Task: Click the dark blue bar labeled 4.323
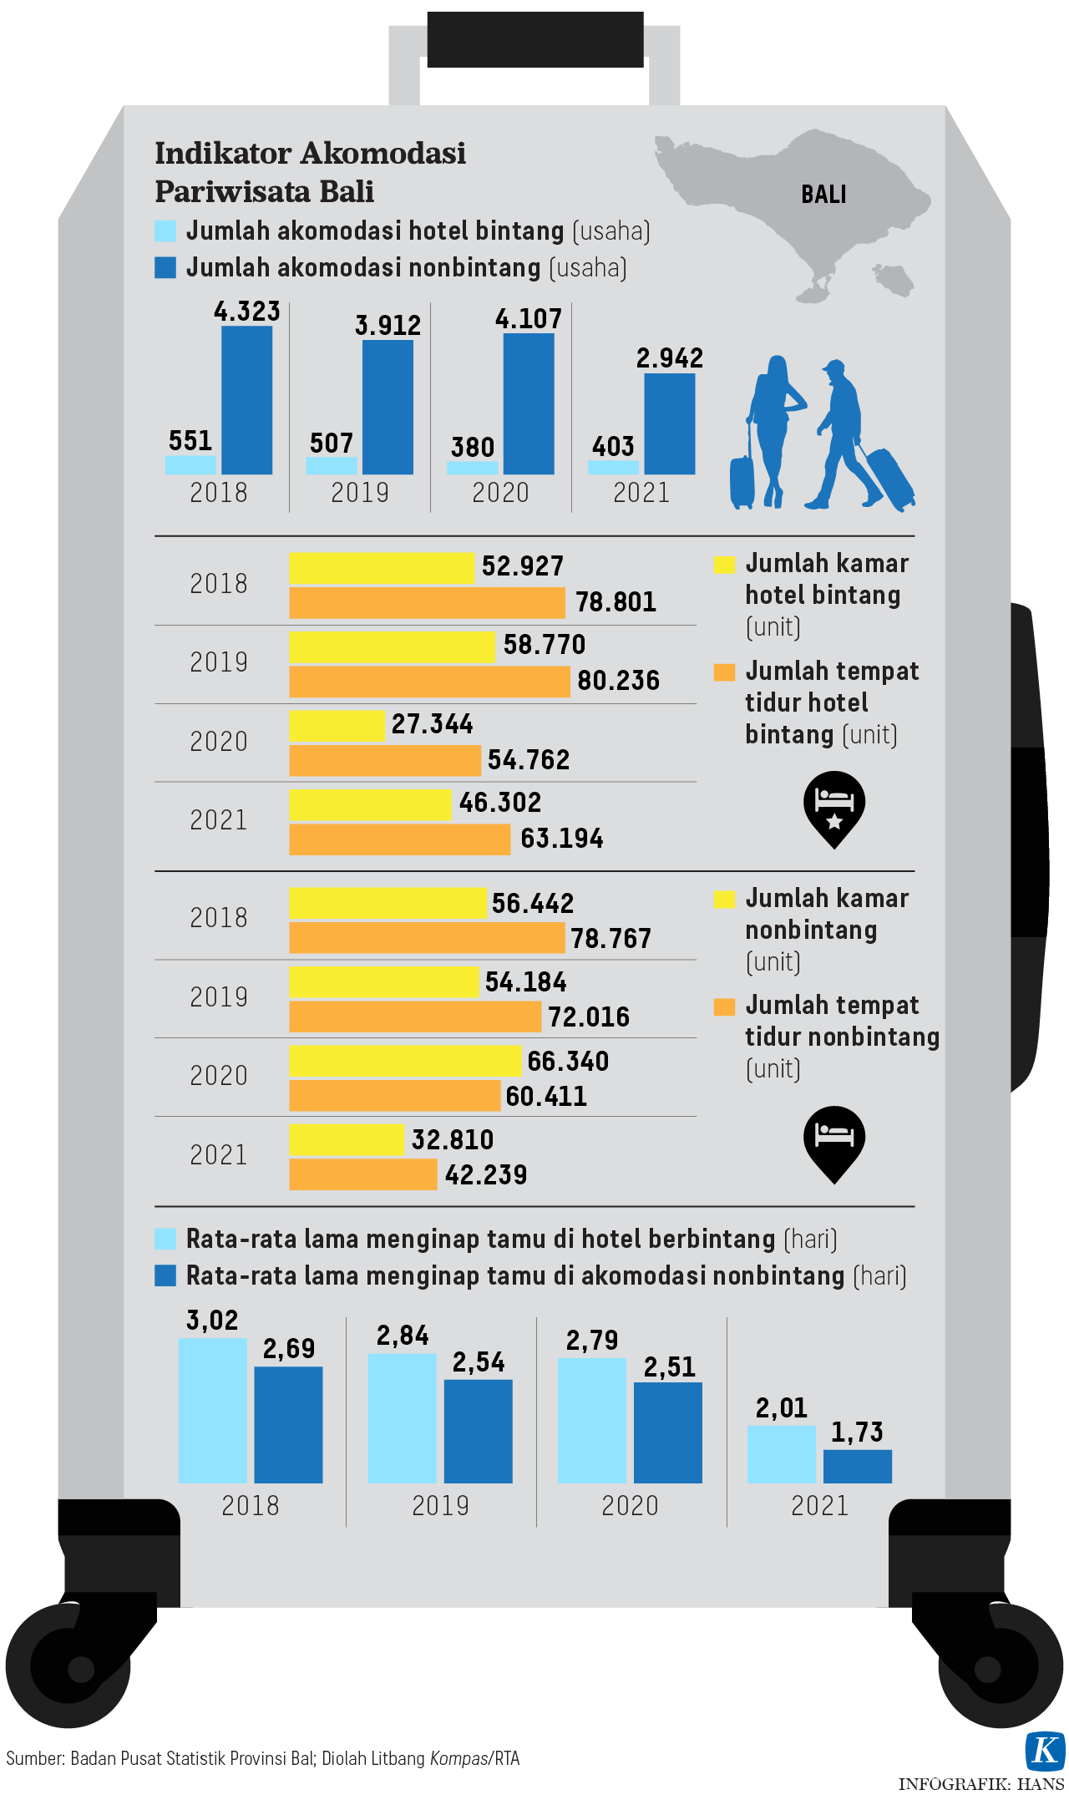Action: click(246, 400)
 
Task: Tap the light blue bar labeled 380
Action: click(472, 468)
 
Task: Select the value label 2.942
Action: click(670, 358)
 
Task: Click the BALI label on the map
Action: click(823, 195)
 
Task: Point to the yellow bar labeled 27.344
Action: click(337, 725)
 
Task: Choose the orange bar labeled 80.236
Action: click(429, 682)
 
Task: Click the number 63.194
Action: click(561, 838)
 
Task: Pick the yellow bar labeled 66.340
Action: click(405, 1061)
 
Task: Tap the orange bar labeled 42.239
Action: click(362, 1174)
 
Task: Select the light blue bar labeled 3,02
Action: click(212, 1410)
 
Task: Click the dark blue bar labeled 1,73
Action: click(858, 1466)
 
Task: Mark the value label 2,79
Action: click(592, 1341)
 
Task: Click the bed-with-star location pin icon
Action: click(833, 808)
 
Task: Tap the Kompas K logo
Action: click(1045, 1750)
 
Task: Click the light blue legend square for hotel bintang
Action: click(165, 231)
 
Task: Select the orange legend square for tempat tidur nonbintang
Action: click(724, 1006)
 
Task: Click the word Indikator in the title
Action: click(222, 154)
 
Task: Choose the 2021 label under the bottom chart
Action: click(819, 1505)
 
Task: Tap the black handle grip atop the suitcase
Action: click(534, 39)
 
